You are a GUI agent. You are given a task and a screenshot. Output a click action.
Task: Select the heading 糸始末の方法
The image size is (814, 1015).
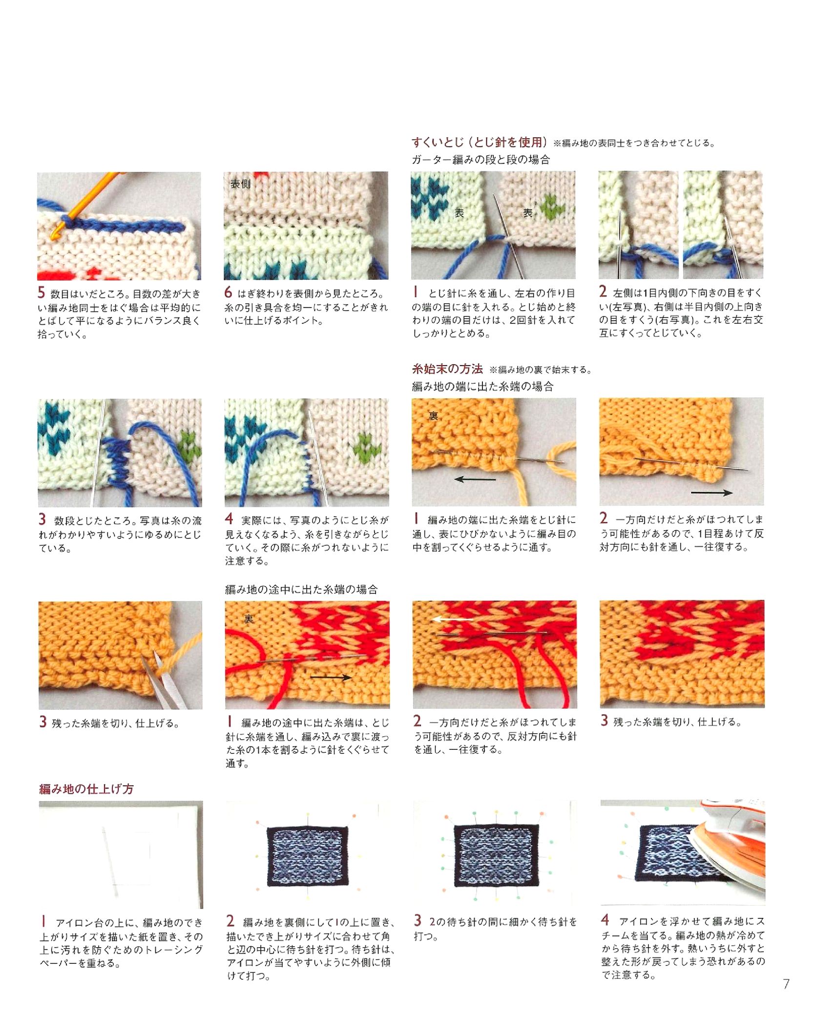pyautogui.click(x=447, y=369)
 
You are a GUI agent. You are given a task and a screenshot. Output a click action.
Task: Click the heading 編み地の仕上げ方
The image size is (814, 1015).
pyautogui.click(x=86, y=788)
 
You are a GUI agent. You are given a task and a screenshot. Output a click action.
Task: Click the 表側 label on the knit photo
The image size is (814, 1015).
pyautogui.click(x=240, y=184)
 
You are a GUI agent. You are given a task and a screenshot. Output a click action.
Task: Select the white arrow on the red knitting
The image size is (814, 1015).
pyautogui.click(x=453, y=619)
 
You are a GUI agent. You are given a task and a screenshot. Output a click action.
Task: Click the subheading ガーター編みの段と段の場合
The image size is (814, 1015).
pyautogui.click(x=480, y=160)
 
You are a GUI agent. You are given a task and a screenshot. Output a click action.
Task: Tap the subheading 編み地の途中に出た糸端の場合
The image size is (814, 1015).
pyautogui.click(x=301, y=589)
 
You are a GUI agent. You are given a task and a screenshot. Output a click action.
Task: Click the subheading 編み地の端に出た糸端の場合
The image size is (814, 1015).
pyautogui.click(x=482, y=387)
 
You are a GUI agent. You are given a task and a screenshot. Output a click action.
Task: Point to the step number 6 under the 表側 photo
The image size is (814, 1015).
pyautogui.click(x=228, y=292)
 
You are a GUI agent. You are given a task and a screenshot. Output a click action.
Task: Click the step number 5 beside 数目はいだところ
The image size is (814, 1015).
pyautogui.click(x=42, y=292)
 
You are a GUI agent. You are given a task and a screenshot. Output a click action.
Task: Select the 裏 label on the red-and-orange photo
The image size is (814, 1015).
pyautogui.click(x=249, y=619)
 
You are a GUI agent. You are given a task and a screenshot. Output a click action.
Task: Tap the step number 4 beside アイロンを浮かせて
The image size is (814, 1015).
pyautogui.click(x=605, y=920)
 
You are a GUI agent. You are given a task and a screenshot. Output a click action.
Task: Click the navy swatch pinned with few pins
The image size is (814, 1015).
pyautogui.click(x=308, y=856)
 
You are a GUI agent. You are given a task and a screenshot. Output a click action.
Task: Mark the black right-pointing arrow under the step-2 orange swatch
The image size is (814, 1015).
pyautogui.click(x=712, y=493)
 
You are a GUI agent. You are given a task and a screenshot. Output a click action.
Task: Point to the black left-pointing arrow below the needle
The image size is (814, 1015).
pyautogui.click(x=475, y=479)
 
